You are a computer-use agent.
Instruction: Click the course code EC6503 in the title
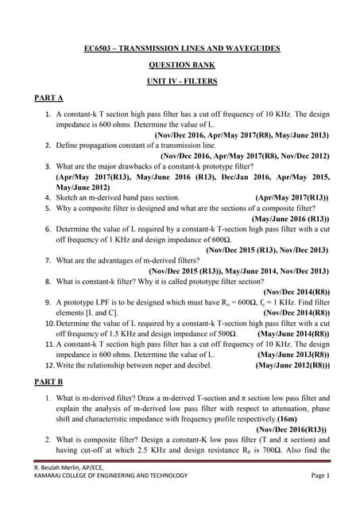click(x=99, y=49)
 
